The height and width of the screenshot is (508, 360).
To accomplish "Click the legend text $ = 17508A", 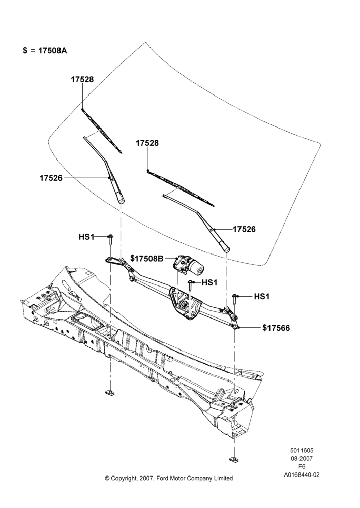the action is pos(45,50).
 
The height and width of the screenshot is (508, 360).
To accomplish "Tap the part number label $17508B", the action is pos(147,258).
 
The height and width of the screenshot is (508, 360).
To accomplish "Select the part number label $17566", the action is pos(276,328).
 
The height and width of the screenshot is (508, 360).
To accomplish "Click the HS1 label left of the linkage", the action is pos(86,237).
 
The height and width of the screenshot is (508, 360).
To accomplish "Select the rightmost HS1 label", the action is pos(262,296).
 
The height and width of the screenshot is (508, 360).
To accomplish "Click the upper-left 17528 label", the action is pos(82,79).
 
